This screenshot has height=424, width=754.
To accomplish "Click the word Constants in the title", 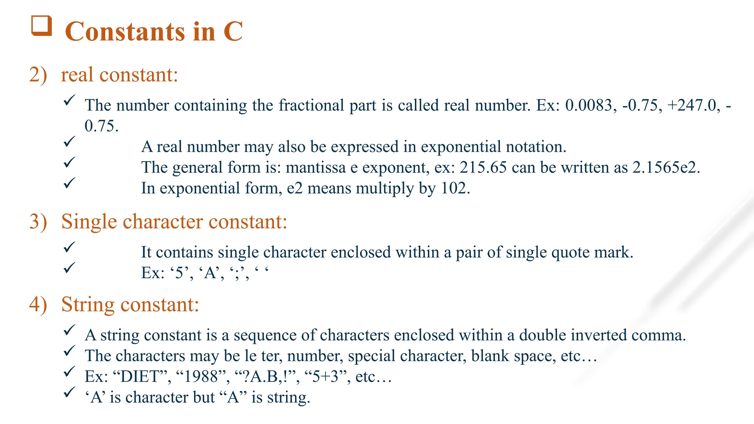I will (124, 32).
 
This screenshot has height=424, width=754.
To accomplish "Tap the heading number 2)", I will (38, 75).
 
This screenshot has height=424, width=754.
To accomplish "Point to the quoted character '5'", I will (180, 273).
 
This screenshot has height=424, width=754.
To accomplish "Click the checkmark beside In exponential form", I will (69, 183).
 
